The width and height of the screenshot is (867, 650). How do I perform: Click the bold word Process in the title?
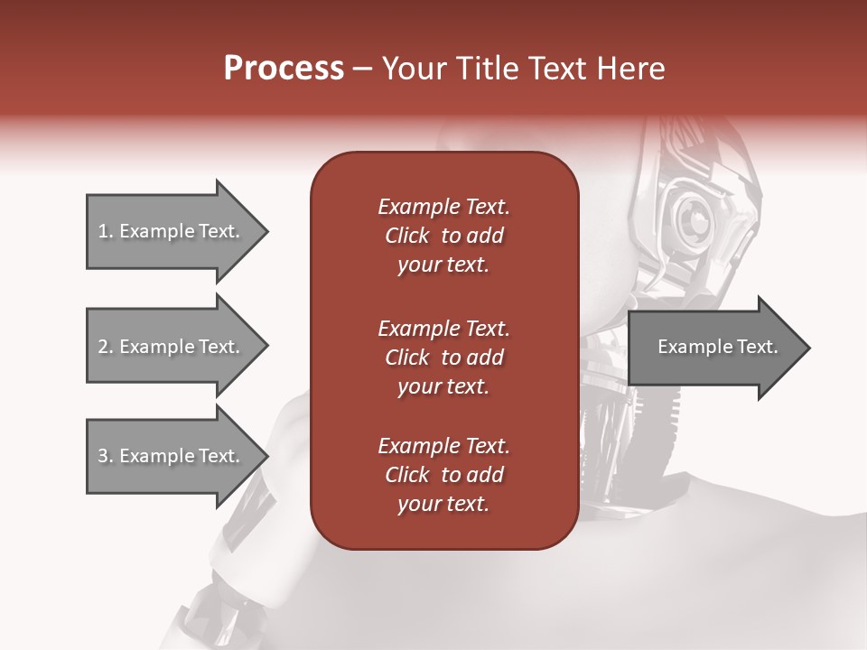pyautogui.click(x=284, y=69)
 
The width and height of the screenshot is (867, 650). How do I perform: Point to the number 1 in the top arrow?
pyautogui.click(x=103, y=231)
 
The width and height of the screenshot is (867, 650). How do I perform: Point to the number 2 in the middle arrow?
pyautogui.click(x=103, y=347)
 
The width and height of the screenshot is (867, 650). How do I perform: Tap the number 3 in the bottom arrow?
pyautogui.click(x=103, y=456)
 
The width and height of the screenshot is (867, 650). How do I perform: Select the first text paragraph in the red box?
pyautogui.click(x=443, y=236)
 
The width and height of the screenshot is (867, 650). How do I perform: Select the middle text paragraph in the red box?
pyautogui.click(x=443, y=357)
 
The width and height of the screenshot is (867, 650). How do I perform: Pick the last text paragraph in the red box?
pyautogui.click(x=443, y=475)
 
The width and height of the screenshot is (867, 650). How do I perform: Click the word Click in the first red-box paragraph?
pyautogui.click(x=407, y=236)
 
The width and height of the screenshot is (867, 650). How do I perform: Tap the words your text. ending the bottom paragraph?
pyautogui.click(x=443, y=505)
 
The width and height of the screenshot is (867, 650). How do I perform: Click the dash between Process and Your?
pyautogui.click(x=363, y=70)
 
